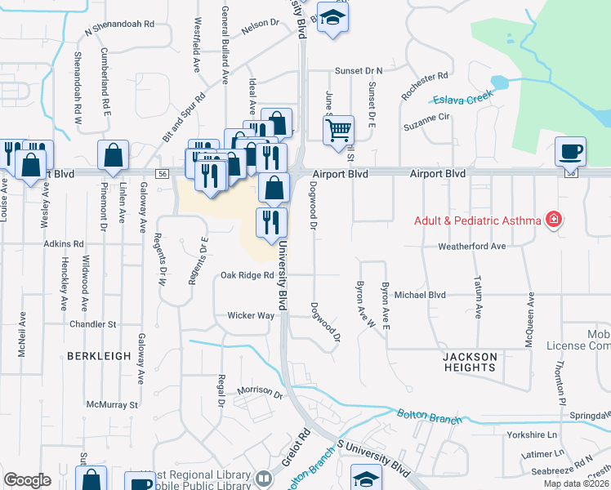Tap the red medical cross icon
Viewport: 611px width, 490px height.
click(554, 220)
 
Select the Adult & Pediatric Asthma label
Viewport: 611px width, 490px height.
click(478, 220)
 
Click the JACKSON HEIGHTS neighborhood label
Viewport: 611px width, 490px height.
click(470, 362)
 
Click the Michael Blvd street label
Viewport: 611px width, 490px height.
click(420, 294)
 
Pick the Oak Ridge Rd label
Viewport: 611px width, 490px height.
click(247, 275)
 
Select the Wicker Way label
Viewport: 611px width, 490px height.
click(251, 315)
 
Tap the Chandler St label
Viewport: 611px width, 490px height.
click(94, 324)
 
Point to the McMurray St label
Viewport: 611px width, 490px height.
click(112, 404)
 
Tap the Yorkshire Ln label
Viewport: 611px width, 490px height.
click(531, 435)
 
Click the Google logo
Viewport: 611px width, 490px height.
click(27, 480)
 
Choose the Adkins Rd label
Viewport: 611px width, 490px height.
click(65, 243)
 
